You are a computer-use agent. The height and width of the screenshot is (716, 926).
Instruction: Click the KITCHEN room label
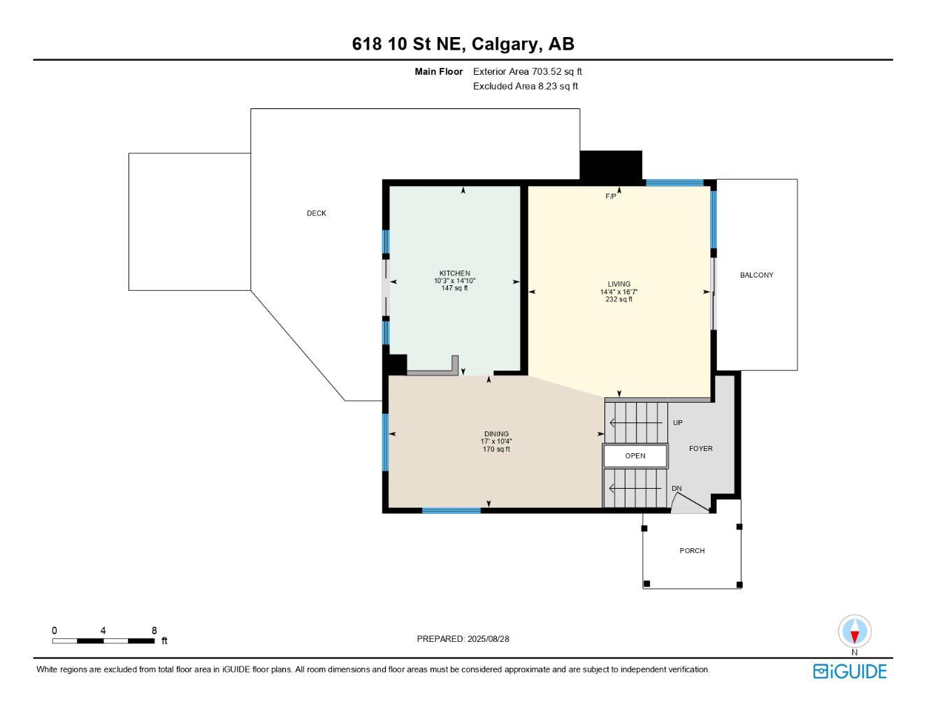tap(454, 273)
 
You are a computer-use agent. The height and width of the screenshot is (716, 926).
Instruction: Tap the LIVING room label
tap(618, 284)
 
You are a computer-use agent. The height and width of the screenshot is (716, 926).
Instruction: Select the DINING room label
tap(496, 434)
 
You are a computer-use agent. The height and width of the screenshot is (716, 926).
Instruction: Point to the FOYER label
tap(700, 449)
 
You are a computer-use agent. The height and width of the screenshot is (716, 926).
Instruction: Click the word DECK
tap(317, 213)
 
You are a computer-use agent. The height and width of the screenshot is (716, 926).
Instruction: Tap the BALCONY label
tap(756, 275)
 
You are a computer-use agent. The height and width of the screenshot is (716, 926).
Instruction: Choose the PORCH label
tap(692, 551)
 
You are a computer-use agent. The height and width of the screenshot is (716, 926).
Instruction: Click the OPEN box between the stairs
tap(635, 456)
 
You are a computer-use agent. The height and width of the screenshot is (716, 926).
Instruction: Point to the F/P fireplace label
tap(611, 196)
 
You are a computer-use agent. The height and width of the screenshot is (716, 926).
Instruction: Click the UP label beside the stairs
tap(677, 423)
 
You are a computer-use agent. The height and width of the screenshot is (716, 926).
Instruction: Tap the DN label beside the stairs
tap(677, 489)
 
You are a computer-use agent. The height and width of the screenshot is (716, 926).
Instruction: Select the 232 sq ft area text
tap(618, 299)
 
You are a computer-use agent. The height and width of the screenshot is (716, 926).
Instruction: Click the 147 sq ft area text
tap(454, 288)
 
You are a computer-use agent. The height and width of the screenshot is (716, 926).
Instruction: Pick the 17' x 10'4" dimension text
tap(496, 442)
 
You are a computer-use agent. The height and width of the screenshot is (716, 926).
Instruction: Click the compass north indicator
tap(854, 632)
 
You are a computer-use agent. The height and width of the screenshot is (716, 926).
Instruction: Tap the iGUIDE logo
tap(849, 671)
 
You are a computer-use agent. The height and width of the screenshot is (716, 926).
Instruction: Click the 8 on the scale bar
tap(154, 630)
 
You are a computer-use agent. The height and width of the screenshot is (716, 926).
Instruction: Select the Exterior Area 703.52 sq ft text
tap(527, 71)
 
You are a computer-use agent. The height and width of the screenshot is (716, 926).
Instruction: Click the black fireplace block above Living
tap(611, 166)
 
